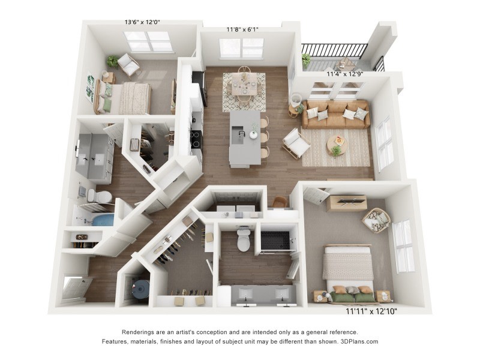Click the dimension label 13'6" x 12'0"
coord(142,22)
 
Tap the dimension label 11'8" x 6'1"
coord(242,29)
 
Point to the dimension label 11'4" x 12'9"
coord(344,74)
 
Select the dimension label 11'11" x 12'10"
coord(371,311)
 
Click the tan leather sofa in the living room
coord(336,114)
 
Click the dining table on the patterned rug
coord(244,85)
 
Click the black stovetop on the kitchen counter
coord(196,140)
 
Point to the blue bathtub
coord(103,220)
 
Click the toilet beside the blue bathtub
coord(99,196)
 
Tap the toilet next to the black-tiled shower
coord(244,239)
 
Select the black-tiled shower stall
coord(275,241)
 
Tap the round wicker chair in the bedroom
coord(377,220)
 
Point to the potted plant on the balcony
coord(305,59)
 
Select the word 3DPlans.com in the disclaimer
coord(359,341)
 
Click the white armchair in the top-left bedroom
coord(128,65)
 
